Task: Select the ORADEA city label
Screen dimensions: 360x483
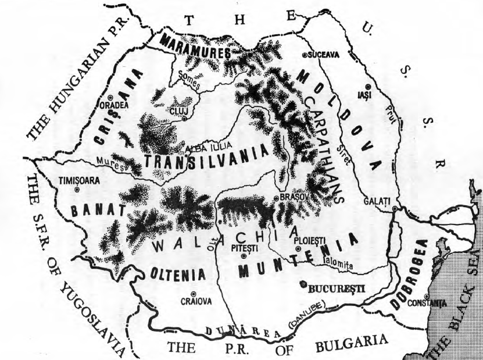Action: click(x=117, y=105)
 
